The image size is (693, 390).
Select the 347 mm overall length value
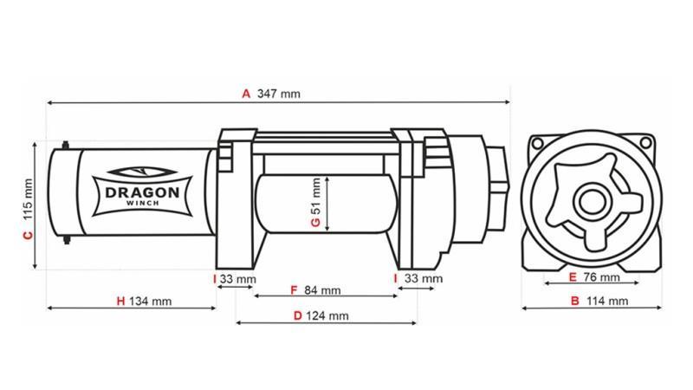pos(279,93)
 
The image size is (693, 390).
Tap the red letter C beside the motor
pos(27,235)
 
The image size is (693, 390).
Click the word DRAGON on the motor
pos(142,192)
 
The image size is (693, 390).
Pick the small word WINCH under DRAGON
pos(142,205)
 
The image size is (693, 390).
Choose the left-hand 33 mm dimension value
pos(238,279)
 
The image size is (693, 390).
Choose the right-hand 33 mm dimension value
pos(424,279)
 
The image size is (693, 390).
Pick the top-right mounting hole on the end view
pos(643,142)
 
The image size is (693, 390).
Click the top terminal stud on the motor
pos(68,143)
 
